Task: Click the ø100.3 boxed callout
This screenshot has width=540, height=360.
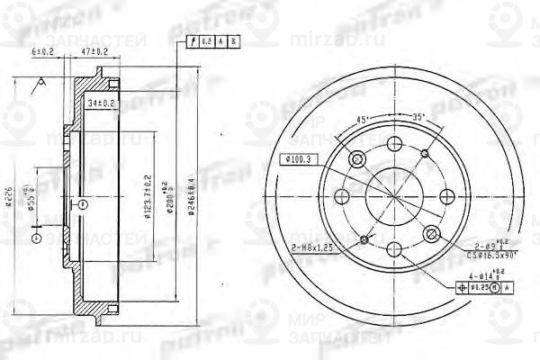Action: (x=298, y=159)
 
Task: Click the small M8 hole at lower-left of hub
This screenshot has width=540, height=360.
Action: (x=364, y=238)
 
